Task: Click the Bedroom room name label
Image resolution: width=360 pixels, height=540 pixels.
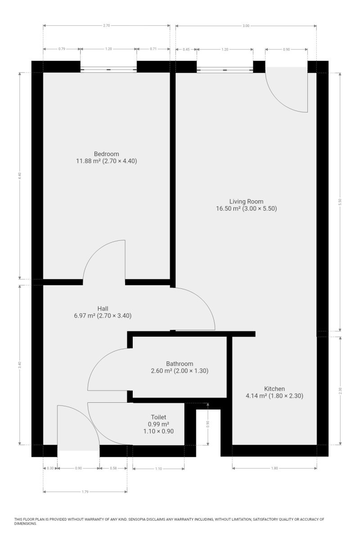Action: (106, 154)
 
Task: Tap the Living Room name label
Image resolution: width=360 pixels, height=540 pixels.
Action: (246, 201)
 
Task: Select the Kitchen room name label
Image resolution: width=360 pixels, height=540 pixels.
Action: (274, 389)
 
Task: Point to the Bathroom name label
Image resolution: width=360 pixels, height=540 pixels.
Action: (180, 364)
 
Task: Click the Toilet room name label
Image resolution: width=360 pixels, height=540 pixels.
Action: (158, 417)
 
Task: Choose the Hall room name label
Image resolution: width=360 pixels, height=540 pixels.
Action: (103, 309)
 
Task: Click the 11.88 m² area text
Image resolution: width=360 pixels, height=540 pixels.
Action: (88, 161)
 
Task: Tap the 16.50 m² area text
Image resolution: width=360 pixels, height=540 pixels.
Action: (228, 208)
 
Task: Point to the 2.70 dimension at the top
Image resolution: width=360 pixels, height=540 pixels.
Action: (106, 25)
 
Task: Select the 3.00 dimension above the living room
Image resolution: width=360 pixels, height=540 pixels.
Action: (246, 26)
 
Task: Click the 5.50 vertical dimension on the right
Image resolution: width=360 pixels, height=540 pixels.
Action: (340, 202)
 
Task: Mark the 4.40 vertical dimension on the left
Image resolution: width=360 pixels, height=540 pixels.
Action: (20, 175)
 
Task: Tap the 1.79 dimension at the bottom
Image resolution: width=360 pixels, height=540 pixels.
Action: (85, 492)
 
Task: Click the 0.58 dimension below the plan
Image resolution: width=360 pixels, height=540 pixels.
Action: (113, 468)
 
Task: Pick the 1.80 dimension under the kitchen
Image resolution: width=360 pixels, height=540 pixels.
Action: (274, 468)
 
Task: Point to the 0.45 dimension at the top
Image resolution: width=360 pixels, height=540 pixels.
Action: (186, 49)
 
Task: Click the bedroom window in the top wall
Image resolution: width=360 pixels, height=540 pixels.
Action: (108, 69)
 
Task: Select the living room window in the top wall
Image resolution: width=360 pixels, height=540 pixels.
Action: (225, 70)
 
